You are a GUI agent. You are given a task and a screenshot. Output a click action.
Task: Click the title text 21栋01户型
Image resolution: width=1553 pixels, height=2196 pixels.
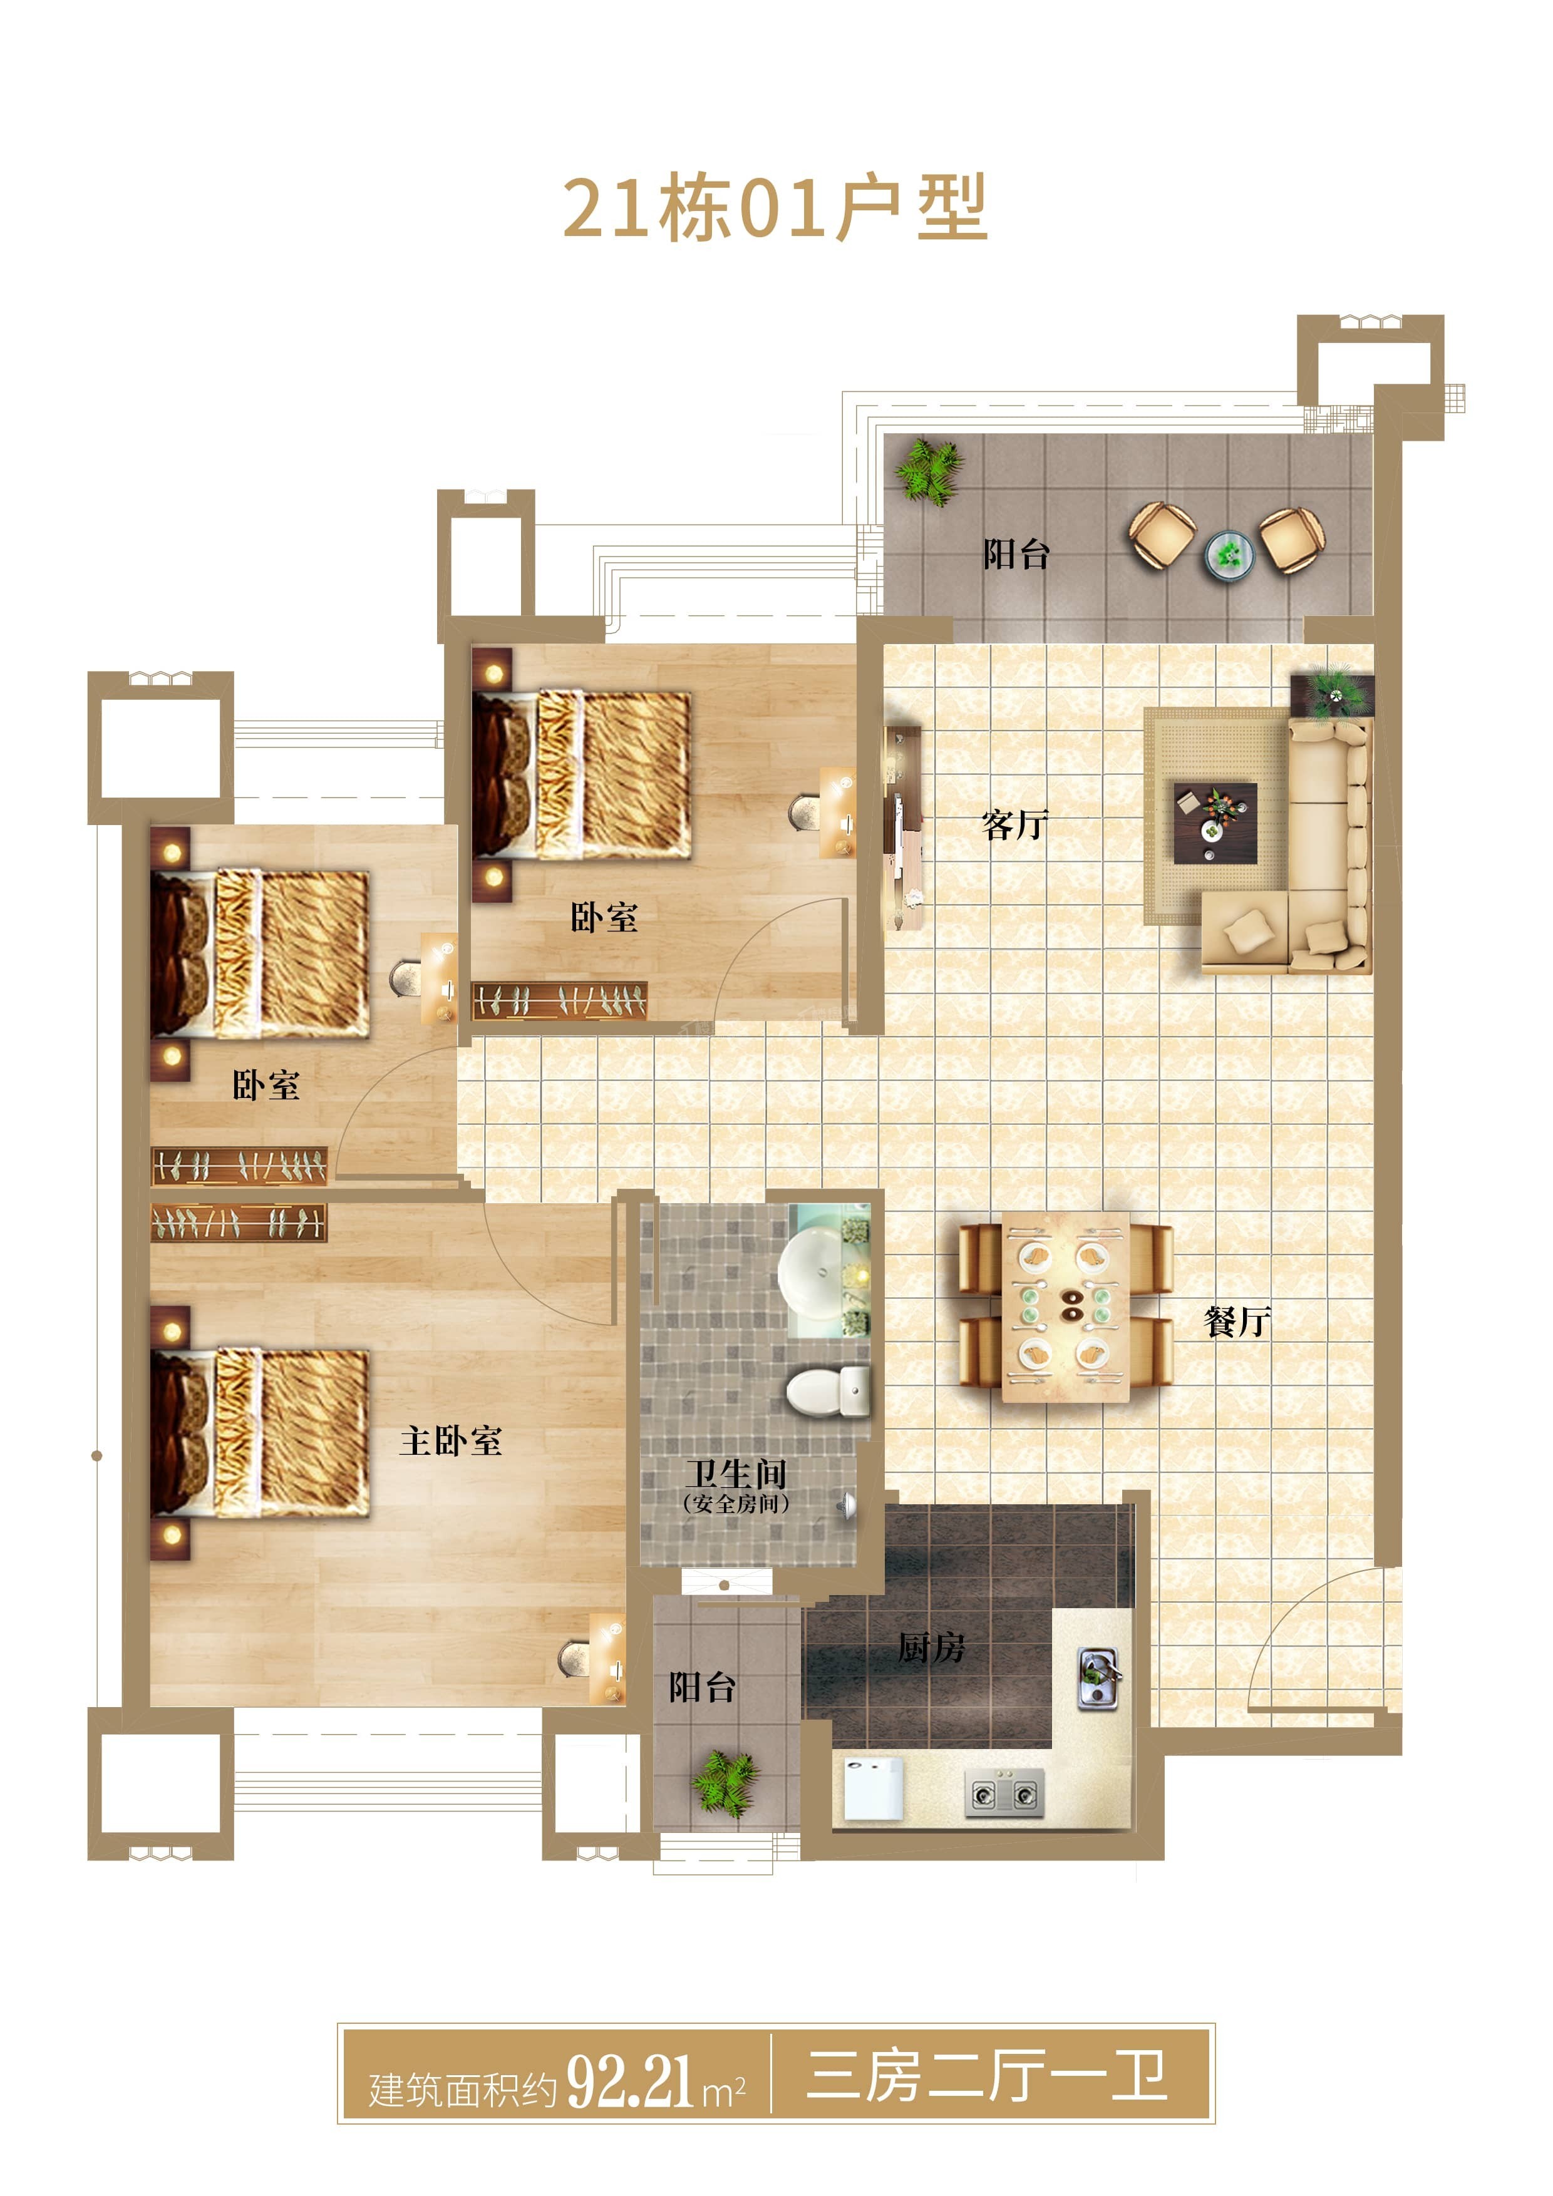(775, 208)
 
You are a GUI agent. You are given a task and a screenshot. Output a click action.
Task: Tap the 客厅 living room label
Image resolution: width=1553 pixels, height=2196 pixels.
(1015, 824)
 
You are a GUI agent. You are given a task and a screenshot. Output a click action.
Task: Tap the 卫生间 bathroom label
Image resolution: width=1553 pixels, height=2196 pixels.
(735, 1473)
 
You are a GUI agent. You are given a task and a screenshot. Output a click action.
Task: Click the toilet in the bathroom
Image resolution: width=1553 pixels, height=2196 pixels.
(828, 1391)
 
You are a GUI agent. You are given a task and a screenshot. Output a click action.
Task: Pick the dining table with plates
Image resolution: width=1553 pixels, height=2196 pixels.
(1065, 1306)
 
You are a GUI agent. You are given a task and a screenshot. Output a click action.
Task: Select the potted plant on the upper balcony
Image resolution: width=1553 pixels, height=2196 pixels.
(929, 471)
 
